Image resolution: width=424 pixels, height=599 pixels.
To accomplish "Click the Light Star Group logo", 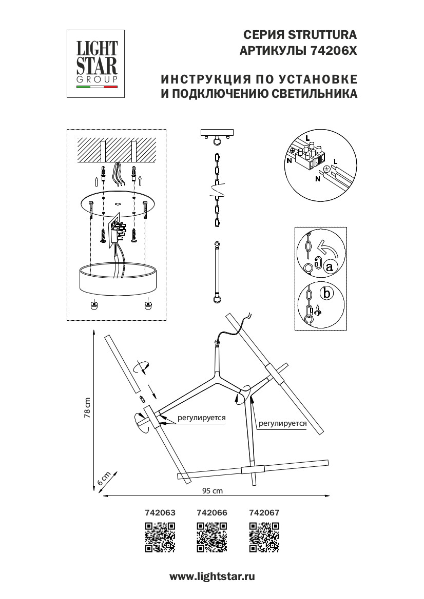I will pyautogui.click(x=97, y=64).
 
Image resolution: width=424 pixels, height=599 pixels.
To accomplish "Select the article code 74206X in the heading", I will pyautogui.click(x=334, y=51).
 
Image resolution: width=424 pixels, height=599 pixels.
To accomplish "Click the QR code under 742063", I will pyautogui.click(x=160, y=537).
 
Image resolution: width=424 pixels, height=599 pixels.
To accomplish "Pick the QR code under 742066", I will pyautogui.click(x=212, y=537).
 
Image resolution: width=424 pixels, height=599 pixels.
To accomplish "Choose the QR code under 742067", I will pyautogui.click(x=264, y=537).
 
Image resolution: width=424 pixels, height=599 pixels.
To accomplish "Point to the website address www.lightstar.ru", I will pyautogui.click(x=212, y=576).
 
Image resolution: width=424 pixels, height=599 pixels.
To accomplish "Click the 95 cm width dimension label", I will pyautogui.click(x=212, y=491).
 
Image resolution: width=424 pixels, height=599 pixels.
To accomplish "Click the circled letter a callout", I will pyautogui.click(x=330, y=266).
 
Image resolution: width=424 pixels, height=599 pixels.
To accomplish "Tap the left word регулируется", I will pyautogui.click(x=202, y=418).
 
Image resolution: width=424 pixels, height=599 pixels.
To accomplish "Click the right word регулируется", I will pyautogui.click(x=283, y=423).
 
